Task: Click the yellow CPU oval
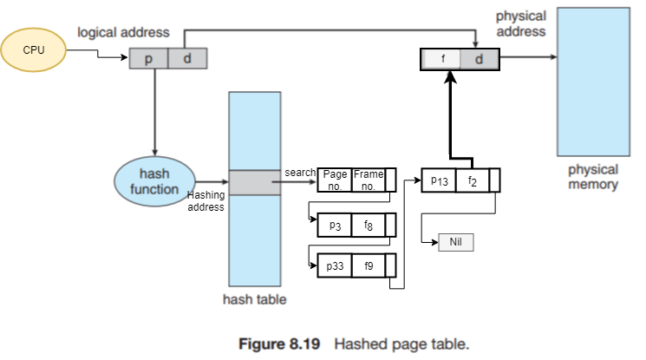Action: pos(34,49)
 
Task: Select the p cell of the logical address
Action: pos(148,58)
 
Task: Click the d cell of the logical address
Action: pos(186,58)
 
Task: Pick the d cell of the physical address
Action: pos(479,59)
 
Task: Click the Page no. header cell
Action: pos(334,180)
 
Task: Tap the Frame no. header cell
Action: pos(367,180)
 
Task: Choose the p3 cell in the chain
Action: pos(334,225)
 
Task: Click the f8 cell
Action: pos(368,225)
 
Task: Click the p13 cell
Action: pos(438,180)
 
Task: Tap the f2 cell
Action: pos(472,180)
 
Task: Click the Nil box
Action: pos(456,242)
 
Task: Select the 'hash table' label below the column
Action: pos(254,300)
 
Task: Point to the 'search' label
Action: pos(300,173)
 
